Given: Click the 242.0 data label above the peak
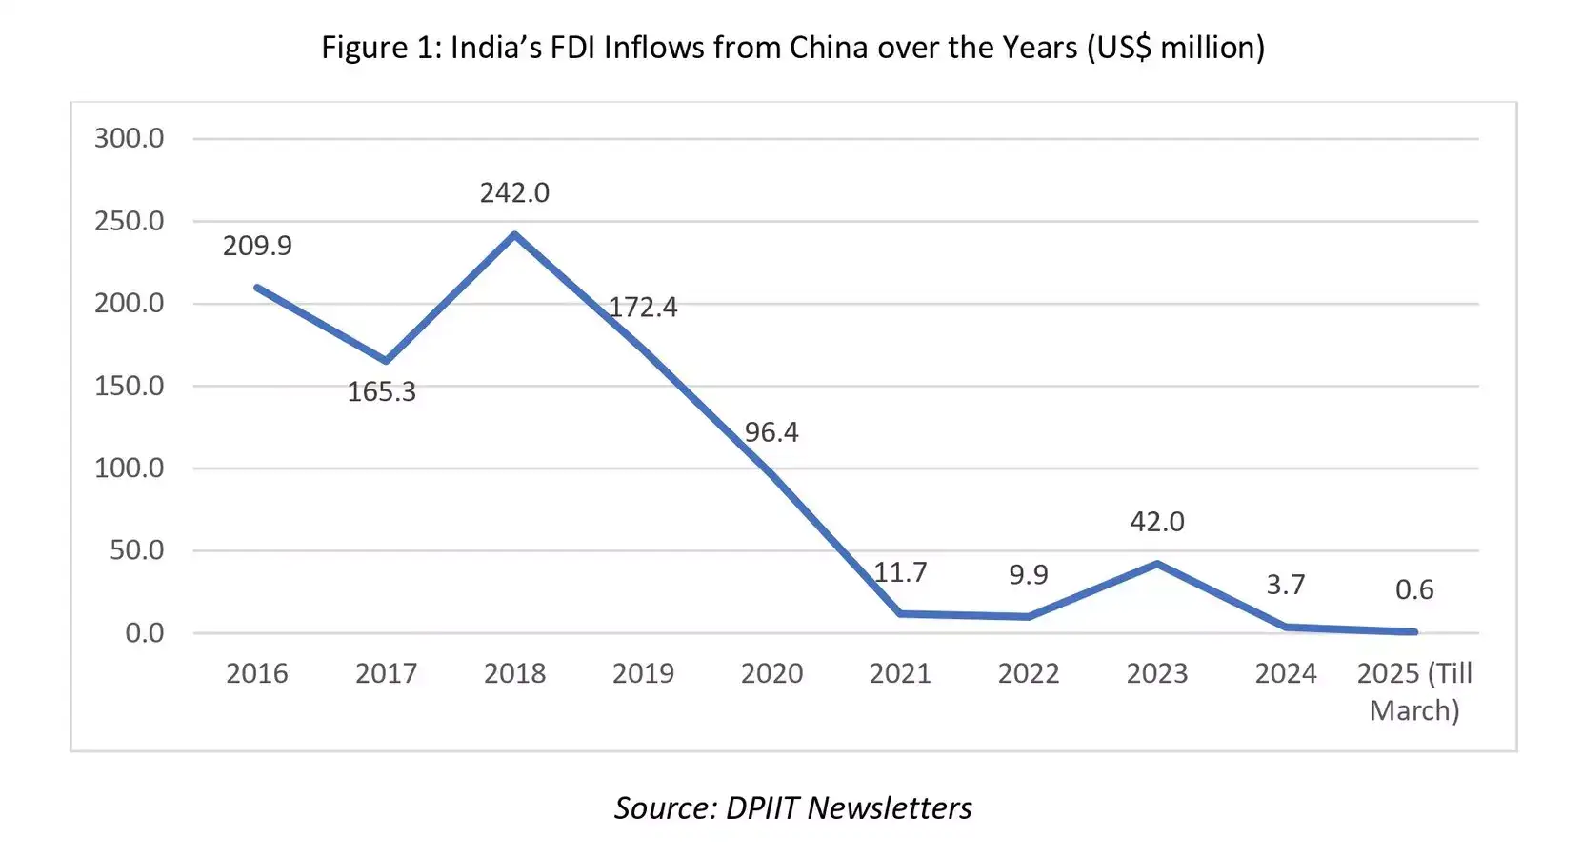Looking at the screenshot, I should [x=514, y=193].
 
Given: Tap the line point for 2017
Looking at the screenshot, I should [x=386, y=361].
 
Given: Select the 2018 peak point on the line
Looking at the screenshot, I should [x=514, y=234].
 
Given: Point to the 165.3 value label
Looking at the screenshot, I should [x=381, y=392].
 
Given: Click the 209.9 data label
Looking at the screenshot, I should [x=257, y=246].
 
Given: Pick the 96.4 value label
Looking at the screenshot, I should [x=771, y=432].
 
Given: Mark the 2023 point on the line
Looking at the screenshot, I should [x=1157, y=564].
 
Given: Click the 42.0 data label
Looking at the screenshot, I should [x=1157, y=522].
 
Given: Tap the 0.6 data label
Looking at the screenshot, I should [x=1414, y=589].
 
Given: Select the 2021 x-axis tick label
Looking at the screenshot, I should [x=900, y=674].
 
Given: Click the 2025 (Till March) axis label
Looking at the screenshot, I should [x=1414, y=691].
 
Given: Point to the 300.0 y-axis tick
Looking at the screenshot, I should [x=129, y=139].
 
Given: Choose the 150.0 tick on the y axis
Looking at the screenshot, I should [x=129, y=386].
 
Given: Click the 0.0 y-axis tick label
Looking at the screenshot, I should [x=144, y=633].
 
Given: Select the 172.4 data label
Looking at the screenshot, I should [x=643, y=308].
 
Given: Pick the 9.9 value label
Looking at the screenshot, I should [x=1029, y=575].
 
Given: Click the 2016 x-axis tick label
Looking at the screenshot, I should [x=257, y=674].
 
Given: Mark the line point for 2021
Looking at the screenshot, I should [x=900, y=613].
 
